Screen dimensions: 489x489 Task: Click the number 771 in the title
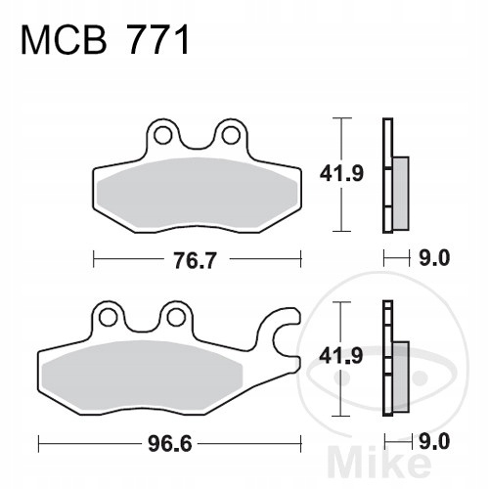tap(158, 40)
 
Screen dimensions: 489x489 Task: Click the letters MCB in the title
tap(64, 40)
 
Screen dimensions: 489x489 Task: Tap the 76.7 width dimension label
tap(195, 260)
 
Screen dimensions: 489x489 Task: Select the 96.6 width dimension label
tap(169, 444)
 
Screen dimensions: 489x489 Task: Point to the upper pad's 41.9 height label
tap(341, 173)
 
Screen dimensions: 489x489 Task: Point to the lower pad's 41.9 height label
tap(341, 355)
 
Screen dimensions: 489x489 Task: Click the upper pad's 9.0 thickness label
tap(434, 258)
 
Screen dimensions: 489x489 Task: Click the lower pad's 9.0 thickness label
tap(434, 442)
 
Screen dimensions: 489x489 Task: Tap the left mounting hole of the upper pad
tap(162, 135)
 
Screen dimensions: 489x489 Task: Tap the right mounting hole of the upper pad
tap(231, 135)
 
